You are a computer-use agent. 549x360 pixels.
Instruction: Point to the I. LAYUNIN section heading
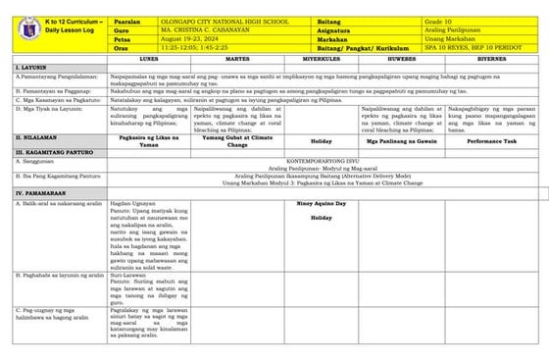27,67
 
